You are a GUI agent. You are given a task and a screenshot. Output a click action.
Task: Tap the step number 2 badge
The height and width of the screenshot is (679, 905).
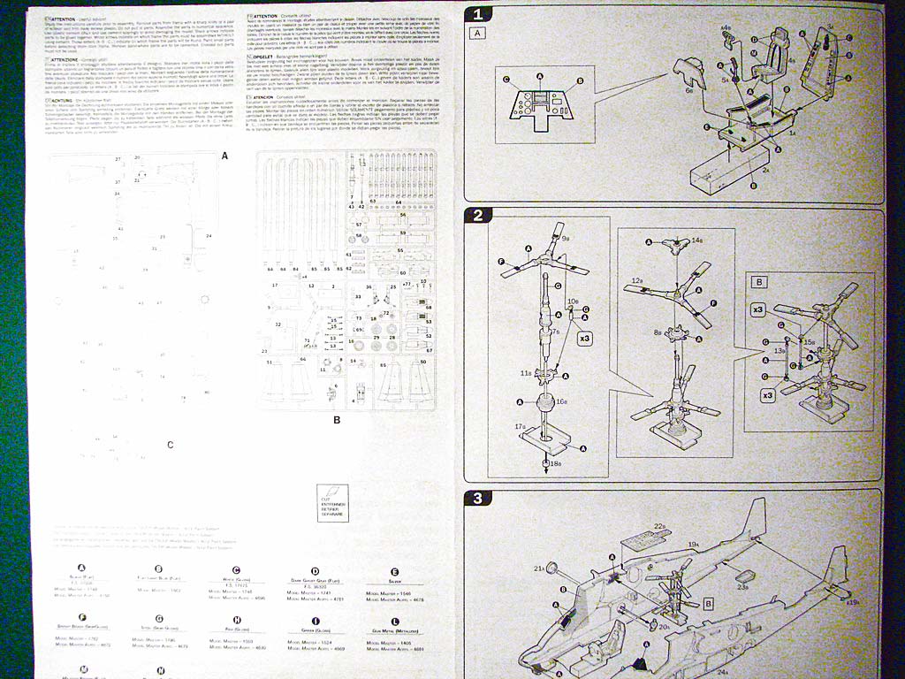(478, 215)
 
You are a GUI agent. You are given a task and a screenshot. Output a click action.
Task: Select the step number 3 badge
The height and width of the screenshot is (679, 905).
(478, 498)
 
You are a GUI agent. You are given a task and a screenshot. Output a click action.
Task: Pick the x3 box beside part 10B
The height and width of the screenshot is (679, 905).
(585, 338)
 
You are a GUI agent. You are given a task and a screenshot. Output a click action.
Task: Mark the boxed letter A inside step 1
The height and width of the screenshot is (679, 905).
(479, 33)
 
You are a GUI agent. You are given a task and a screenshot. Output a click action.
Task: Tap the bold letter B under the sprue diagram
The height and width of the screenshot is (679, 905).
(337, 419)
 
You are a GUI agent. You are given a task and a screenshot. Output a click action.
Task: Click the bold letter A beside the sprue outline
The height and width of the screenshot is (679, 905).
(224, 156)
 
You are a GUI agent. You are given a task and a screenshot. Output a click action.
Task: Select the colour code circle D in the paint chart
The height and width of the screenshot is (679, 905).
(315, 572)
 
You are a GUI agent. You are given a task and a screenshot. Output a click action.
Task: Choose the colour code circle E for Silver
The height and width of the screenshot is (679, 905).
(393, 572)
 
